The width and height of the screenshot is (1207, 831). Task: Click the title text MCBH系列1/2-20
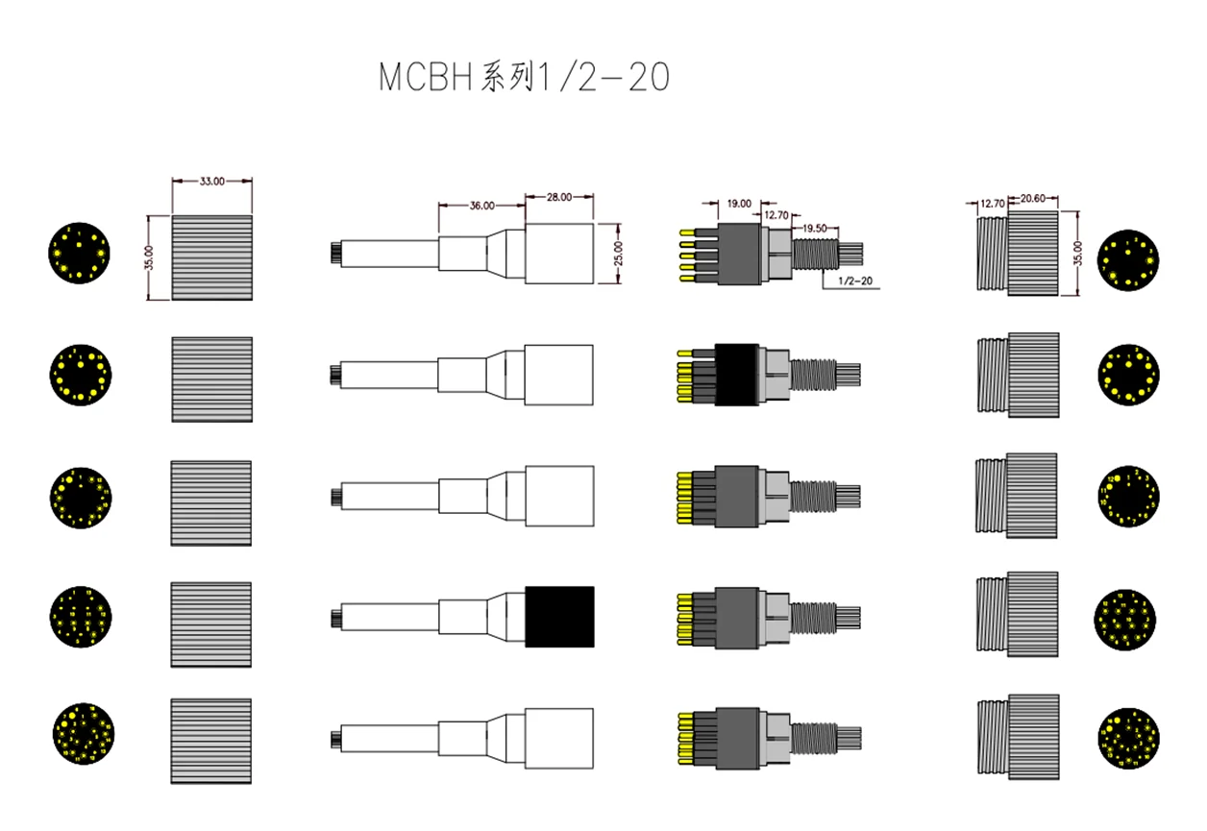click(x=524, y=79)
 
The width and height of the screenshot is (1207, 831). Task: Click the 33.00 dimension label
click(x=212, y=181)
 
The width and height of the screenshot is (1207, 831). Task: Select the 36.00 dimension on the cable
click(x=482, y=206)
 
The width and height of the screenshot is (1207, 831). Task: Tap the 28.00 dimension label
click(x=558, y=197)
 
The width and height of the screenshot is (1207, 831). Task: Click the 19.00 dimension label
click(x=739, y=204)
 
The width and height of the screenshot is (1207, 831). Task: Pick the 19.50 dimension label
click(x=814, y=228)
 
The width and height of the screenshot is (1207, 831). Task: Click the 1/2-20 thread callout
click(x=855, y=281)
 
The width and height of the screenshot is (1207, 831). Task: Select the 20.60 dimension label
click(x=1032, y=199)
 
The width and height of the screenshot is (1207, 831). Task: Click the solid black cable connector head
click(x=559, y=615)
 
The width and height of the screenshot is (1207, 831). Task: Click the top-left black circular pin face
click(x=80, y=254)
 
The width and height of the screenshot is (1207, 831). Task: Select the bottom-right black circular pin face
click(x=1127, y=738)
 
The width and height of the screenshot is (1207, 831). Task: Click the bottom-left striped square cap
click(x=211, y=738)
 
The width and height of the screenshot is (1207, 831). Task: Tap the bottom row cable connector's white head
click(x=559, y=738)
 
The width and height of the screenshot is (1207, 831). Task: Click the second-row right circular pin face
click(x=1127, y=376)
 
